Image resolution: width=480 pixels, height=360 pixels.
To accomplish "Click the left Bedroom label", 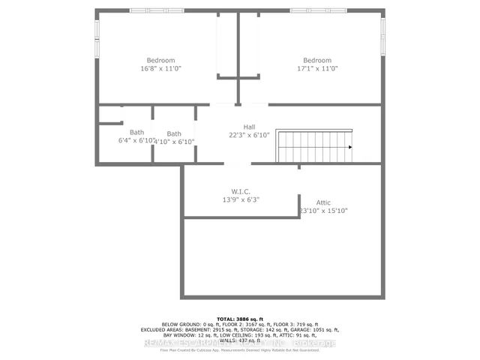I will click(x=160, y=61).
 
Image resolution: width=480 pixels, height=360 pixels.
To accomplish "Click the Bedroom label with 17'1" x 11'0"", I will click(x=317, y=61).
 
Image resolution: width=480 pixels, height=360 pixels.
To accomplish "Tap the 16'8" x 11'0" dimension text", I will click(x=160, y=69).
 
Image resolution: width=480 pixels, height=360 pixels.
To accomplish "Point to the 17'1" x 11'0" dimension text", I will click(x=317, y=69).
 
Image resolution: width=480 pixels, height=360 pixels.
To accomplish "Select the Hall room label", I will click(x=249, y=127).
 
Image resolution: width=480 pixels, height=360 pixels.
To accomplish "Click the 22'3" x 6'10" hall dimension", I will click(x=249, y=136).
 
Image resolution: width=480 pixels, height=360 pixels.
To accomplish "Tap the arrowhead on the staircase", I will click(x=349, y=147).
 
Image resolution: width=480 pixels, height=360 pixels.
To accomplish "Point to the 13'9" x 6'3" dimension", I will click(x=241, y=200).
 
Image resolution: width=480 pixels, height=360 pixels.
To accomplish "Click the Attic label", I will click(x=323, y=202).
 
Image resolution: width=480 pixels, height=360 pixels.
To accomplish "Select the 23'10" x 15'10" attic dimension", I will click(x=323, y=211).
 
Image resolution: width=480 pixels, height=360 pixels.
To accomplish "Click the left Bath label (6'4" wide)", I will click(x=136, y=133).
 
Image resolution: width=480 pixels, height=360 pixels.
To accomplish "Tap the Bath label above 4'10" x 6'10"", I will click(x=174, y=133).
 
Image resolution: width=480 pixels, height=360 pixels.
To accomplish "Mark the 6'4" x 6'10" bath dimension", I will click(x=135, y=141).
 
